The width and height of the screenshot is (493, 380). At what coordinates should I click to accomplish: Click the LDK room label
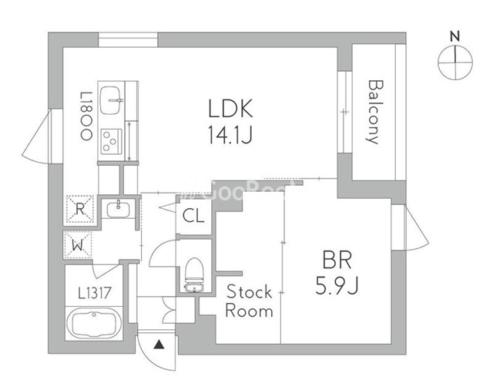pyautogui.click(x=230, y=109)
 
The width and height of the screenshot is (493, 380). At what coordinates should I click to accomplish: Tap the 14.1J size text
pyautogui.click(x=230, y=136)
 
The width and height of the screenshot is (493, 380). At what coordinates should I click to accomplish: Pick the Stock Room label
pyautogui.click(x=249, y=301)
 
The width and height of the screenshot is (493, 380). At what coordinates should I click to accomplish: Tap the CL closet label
pyautogui.click(x=193, y=216)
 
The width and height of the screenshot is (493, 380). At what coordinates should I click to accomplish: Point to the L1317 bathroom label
pyautogui.click(x=93, y=293)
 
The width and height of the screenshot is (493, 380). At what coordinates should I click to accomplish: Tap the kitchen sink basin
pyautogui.click(x=112, y=96)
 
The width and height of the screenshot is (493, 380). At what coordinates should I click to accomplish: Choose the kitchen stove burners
pyautogui.click(x=110, y=140)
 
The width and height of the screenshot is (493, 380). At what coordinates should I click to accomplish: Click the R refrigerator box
pyautogui.click(x=79, y=208)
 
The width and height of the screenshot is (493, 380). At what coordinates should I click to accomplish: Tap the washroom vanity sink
pyautogui.click(x=120, y=208)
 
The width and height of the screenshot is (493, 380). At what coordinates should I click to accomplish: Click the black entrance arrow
pyautogui.click(x=158, y=345)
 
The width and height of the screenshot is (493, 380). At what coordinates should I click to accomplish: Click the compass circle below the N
pyautogui.click(x=454, y=62)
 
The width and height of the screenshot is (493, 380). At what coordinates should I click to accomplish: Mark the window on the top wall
pyautogui.click(x=128, y=39)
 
